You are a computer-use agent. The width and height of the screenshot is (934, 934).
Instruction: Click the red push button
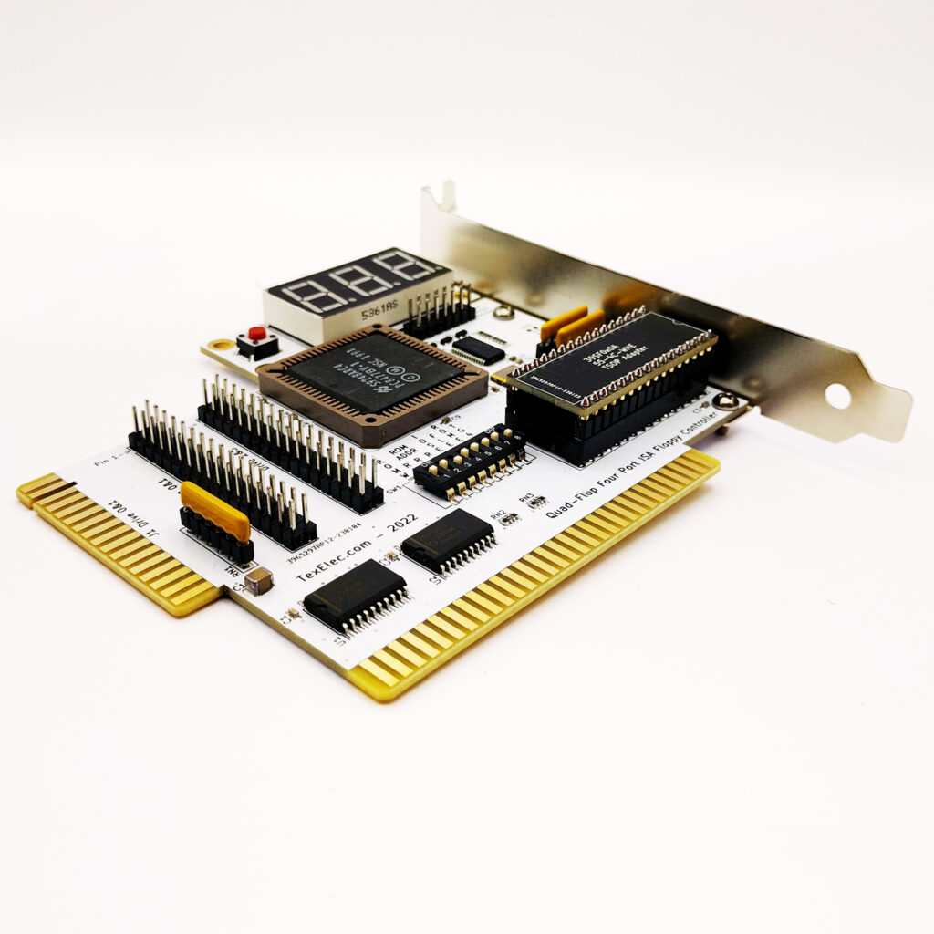click(257, 336)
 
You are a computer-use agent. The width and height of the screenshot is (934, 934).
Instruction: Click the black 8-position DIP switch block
click(469, 462)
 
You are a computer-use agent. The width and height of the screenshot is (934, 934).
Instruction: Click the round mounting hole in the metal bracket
click(837, 395)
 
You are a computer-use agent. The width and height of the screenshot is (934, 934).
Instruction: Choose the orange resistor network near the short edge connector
click(215, 511)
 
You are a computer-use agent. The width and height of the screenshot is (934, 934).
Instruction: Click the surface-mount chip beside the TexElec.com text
click(448, 540)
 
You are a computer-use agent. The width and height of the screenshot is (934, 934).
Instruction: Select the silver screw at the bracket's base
click(726, 400)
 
